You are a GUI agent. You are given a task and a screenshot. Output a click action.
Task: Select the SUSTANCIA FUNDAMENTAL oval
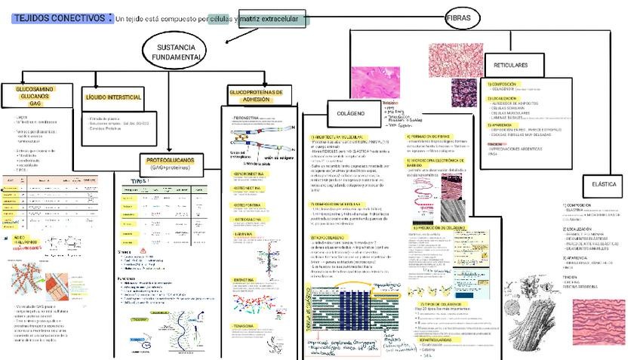coord(176,52)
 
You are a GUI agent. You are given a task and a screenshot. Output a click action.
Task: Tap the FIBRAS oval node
coord(461,17)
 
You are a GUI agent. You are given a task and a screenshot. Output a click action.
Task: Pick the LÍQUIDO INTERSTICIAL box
coord(114,97)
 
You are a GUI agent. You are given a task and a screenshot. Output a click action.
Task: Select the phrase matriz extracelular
coord(269,18)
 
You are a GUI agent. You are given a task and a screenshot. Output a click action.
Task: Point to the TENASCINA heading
coord(243,325)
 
